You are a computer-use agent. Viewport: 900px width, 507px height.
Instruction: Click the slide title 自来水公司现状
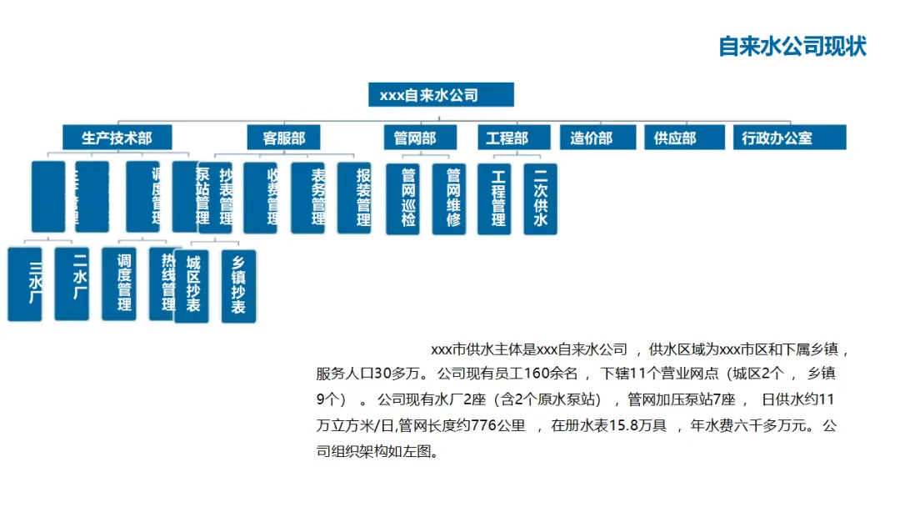click(x=792, y=46)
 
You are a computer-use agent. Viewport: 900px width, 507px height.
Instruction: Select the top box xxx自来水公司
click(x=441, y=95)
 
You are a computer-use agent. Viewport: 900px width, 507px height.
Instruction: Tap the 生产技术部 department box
click(x=117, y=138)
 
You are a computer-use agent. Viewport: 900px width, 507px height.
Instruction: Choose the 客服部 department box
click(x=284, y=138)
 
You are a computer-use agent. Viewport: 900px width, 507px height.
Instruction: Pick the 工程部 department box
click(x=507, y=138)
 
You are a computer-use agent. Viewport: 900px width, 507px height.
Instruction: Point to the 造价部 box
click(x=591, y=138)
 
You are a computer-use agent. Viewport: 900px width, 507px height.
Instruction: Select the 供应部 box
click(x=675, y=138)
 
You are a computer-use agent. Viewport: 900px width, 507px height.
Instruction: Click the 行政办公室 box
click(x=777, y=138)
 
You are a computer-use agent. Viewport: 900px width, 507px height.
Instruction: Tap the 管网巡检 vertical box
click(x=408, y=198)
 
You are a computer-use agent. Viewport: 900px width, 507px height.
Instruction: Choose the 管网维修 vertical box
click(x=452, y=198)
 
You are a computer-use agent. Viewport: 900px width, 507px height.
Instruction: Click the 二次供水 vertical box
click(x=540, y=198)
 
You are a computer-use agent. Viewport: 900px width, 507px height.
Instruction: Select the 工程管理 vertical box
click(x=497, y=198)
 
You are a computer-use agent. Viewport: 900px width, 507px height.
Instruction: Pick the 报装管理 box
click(x=362, y=198)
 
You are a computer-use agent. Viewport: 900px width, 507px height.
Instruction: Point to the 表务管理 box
click(x=317, y=198)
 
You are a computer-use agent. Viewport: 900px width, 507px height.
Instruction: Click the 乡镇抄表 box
click(x=238, y=284)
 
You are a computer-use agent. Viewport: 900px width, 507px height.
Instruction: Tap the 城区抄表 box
click(x=192, y=284)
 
